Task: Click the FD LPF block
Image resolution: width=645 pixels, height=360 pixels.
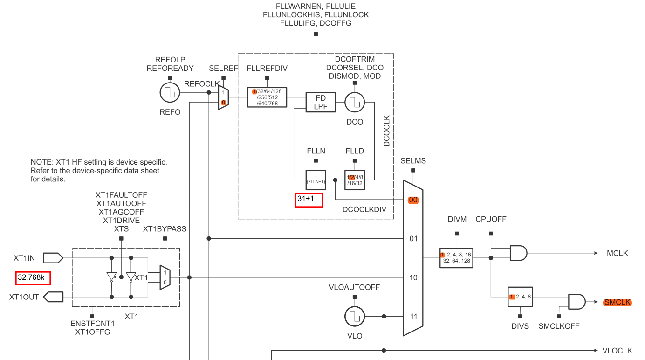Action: (320, 102)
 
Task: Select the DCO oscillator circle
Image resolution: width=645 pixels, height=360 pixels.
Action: (355, 102)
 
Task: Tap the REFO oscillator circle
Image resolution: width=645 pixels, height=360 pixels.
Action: (170, 93)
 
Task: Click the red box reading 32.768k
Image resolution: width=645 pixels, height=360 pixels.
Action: (33, 277)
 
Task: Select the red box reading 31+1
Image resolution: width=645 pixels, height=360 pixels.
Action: (309, 199)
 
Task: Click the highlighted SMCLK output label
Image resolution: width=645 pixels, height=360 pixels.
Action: (618, 303)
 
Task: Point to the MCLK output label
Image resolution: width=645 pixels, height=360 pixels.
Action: (618, 253)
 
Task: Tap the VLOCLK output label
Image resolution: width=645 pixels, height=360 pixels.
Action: (617, 350)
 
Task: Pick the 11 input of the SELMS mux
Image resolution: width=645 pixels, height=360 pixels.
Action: (413, 317)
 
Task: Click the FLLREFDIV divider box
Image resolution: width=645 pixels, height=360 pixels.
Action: (267, 97)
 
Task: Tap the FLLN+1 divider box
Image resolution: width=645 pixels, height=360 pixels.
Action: (316, 180)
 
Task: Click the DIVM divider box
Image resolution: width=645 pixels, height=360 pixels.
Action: (456, 257)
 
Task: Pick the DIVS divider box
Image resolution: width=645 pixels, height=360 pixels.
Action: (520, 297)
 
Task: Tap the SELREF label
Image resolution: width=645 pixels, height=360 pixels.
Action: (224, 68)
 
